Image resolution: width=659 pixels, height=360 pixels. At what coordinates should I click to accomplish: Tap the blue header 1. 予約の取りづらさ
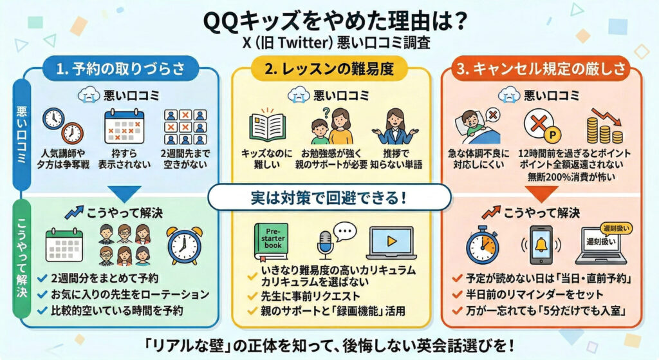point(120,68)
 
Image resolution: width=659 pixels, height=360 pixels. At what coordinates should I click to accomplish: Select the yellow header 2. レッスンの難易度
point(329,68)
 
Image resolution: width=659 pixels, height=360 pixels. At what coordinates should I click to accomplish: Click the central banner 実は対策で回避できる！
point(329,197)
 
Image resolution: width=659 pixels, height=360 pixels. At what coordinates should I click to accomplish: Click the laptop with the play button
point(391,243)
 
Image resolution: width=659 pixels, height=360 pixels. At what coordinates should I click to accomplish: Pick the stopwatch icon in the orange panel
point(483,245)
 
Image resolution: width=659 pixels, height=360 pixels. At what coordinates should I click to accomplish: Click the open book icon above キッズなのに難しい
point(268,125)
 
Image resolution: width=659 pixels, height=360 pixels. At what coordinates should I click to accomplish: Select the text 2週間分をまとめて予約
point(105,278)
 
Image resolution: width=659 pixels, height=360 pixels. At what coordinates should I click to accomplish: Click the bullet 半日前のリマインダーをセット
point(534,294)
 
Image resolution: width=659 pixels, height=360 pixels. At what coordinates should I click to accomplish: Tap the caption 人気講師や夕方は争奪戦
point(62,159)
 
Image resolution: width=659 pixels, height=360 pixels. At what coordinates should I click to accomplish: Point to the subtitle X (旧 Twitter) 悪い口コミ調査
point(337,43)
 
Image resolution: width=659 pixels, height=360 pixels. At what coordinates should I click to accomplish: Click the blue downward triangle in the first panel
point(124,193)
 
